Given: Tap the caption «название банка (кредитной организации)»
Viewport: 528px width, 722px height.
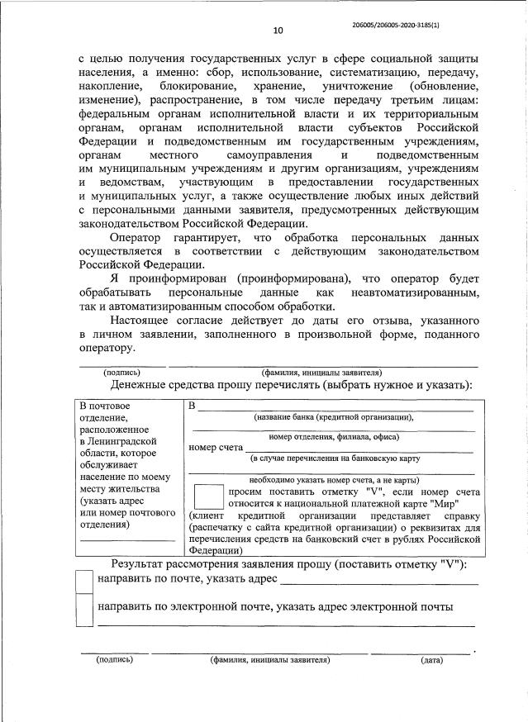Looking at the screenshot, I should click(333, 417).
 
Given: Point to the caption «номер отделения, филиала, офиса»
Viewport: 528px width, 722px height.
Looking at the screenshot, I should click(334, 436).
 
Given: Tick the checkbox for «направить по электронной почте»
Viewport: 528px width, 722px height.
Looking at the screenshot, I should click(84, 610).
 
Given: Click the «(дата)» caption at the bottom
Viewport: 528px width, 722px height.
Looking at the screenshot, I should click(430, 660).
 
